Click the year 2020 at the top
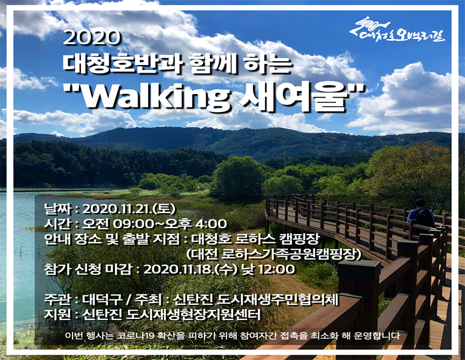(x=92, y=38)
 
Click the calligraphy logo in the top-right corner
(x=397, y=30)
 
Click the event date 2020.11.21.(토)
(x=129, y=208)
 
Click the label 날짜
(x=58, y=208)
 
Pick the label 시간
(x=58, y=224)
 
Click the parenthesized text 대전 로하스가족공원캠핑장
(x=273, y=254)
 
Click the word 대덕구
(x=102, y=299)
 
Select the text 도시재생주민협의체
(x=278, y=299)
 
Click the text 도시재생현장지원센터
(x=194, y=314)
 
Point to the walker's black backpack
(x=425, y=218)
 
